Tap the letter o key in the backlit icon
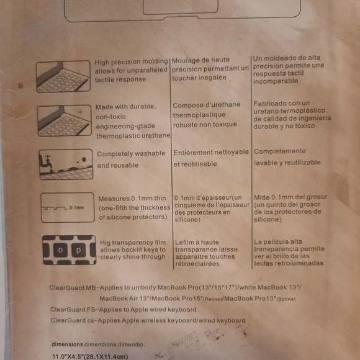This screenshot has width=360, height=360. pyautogui.click(x=60, y=250)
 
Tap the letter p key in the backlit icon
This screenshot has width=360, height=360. pyautogui.click(x=79, y=250)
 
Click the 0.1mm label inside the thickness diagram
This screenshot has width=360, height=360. pyautogui.click(x=77, y=207)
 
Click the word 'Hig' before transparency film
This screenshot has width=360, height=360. pyautogui.click(x=105, y=243)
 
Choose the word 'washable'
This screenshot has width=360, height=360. pyautogui.click(x=150, y=153)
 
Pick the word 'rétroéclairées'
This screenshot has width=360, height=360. pyautogui.click(x=197, y=264)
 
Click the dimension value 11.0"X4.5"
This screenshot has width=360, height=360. pyautogui.click(x=68, y=356)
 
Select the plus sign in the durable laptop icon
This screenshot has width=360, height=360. pyautogui.click(x=80, y=112)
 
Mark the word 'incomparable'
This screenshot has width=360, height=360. pyautogui.click(x=276, y=81)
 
